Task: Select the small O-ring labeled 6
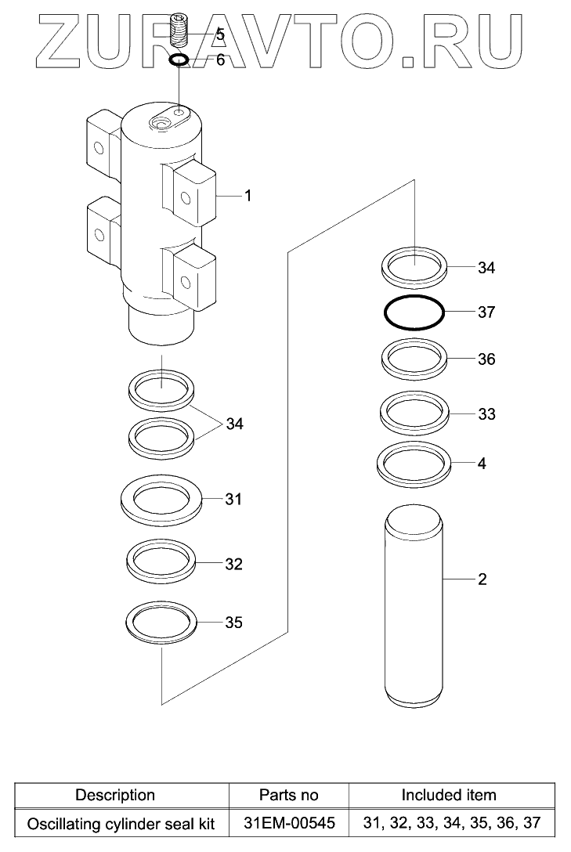tap(179, 60)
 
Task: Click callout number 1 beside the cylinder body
tap(248, 196)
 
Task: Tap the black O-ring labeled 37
tap(414, 313)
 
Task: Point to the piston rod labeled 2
tap(414, 607)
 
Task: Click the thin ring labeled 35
tap(161, 623)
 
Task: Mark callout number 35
tap(233, 623)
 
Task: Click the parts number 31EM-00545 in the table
tap(289, 824)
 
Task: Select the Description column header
tap(115, 795)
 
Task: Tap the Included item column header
tap(449, 795)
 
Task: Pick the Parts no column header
tap(289, 795)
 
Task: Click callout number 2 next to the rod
tap(482, 579)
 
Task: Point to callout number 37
tap(486, 312)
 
